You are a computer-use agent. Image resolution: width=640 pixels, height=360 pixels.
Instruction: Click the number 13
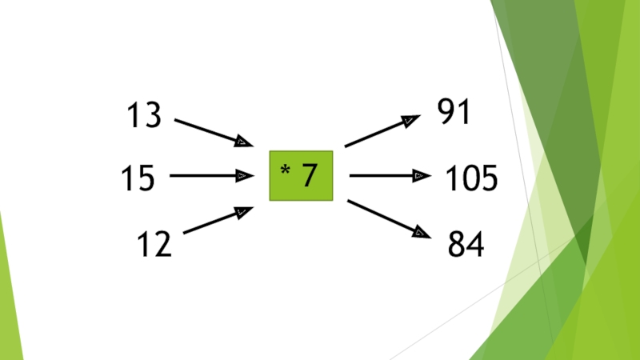point(143,117)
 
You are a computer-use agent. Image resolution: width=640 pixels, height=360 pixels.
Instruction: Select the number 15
point(138,178)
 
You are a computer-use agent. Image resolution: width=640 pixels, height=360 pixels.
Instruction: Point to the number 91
point(454,113)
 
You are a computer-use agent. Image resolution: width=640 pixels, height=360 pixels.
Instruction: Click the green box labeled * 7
point(301,174)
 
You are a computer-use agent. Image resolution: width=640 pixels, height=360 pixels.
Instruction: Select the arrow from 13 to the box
point(212,132)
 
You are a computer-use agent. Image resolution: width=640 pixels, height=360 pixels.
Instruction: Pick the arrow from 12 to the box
point(217,221)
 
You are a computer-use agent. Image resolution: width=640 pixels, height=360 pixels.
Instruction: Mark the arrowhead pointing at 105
point(422,175)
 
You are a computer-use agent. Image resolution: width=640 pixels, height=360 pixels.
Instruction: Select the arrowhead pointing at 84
point(421,233)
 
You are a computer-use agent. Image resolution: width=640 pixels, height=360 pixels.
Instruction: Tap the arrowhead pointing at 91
point(409,120)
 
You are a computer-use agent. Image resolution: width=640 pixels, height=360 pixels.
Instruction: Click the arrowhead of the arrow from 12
point(243,210)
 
